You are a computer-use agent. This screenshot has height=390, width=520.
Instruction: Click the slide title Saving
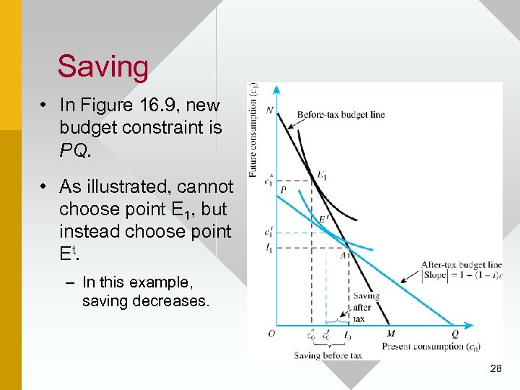point(103,66)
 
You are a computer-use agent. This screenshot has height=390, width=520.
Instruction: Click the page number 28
point(495,368)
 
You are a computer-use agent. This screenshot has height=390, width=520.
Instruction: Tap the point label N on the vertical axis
point(269,110)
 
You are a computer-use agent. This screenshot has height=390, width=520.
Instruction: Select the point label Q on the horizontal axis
point(454,334)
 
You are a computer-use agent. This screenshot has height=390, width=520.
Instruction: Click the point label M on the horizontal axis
point(391,334)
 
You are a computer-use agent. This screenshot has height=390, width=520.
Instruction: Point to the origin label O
point(271,334)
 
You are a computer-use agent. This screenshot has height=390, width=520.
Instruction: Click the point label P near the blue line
point(283,189)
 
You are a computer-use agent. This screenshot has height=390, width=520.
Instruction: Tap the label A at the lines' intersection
point(344,254)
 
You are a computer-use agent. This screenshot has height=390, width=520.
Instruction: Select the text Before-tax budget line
point(341,114)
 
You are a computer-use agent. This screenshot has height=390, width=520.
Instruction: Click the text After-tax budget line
point(461,265)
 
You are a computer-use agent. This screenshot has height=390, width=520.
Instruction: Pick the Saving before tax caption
point(328,355)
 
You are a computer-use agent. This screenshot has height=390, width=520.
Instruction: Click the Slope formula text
point(461,277)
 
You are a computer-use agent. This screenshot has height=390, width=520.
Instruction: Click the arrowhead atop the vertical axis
point(276,90)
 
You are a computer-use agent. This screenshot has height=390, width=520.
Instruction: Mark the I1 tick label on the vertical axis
point(269,248)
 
